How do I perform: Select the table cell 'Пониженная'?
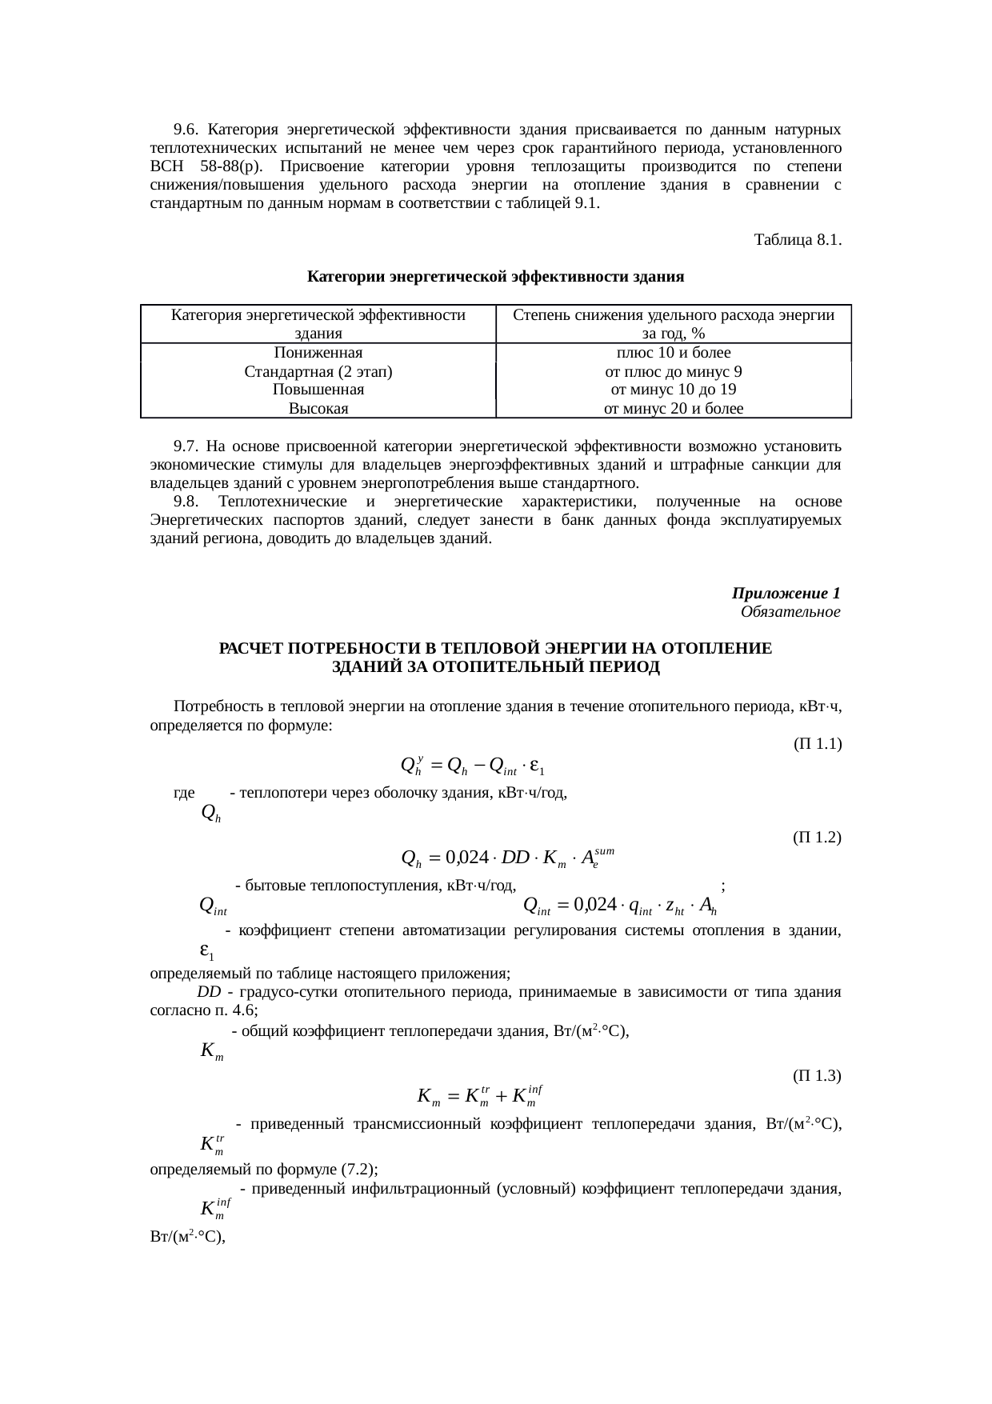coord(318,353)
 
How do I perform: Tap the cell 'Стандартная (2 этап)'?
coord(318,372)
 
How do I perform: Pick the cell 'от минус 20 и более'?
coord(673,410)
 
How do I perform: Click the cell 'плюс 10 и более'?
coord(673,353)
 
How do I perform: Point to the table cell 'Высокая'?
coord(318,410)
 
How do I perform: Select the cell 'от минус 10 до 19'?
coord(673,390)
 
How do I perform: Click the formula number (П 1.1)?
coord(816,744)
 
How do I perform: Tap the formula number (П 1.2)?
coord(816,838)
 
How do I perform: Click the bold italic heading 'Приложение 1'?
coord(786,594)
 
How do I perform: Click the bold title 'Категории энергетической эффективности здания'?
coord(495,278)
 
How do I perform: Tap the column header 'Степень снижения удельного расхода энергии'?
coord(673,316)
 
